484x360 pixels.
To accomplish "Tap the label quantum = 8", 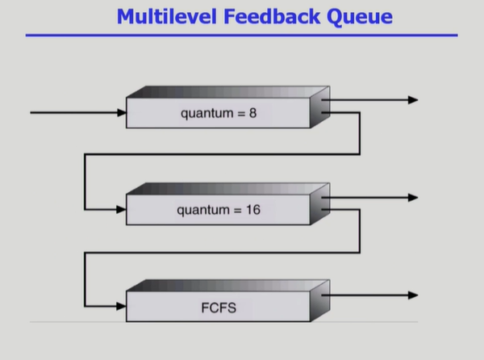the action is [219, 114].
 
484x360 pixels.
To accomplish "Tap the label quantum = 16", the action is [219, 211].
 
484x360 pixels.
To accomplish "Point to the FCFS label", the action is [219, 308].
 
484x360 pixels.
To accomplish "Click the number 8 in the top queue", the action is [252, 114].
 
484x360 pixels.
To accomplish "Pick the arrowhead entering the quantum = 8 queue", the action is [121, 113].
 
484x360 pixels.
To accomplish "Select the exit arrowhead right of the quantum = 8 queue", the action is [413, 100].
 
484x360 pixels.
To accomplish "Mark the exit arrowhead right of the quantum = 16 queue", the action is [413, 198].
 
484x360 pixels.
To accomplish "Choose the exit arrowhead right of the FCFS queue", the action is [413, 295].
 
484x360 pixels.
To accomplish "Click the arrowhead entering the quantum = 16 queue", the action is [121, 210].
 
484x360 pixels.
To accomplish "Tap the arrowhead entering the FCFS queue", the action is [121, 307].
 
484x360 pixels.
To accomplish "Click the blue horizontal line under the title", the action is [241, 36].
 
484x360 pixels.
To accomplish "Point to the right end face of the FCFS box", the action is [320, 303].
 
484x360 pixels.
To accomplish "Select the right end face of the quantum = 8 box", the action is [320, 109].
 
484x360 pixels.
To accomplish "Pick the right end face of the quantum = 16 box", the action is [320, 206].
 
